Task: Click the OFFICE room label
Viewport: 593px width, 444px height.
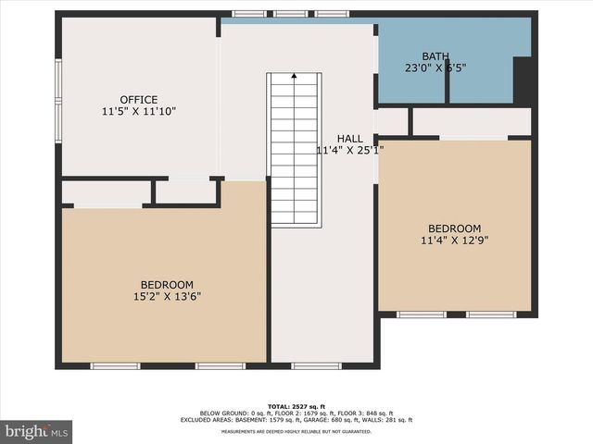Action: [x=138, y=100]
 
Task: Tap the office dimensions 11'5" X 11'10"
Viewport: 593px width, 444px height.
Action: [x=138, y=112]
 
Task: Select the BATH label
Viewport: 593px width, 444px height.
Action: [x=435, y=56]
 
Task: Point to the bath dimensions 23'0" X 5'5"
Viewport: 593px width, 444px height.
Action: [x=435, y=68]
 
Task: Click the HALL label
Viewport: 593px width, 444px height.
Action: [x=349, y=138]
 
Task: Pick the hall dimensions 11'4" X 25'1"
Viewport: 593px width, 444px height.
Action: [x=349, y=150]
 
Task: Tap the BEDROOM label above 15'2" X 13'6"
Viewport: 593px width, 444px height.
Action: [x=167, y=285]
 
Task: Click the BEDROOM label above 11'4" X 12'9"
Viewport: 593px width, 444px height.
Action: [x=454, y=229]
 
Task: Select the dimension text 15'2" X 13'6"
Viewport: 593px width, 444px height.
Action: [x=167, y=297]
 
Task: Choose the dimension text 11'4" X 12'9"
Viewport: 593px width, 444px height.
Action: [x=454, y=241]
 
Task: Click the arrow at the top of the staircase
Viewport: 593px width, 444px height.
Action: [x=295, y=77]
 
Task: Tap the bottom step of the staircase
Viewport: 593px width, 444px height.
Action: [x=296, y=222]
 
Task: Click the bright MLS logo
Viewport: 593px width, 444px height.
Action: [x=37, y=431]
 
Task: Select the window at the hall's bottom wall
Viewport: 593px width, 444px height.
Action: [x=316, y=366]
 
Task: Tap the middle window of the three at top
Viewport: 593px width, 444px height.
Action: [x=290, y=14]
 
